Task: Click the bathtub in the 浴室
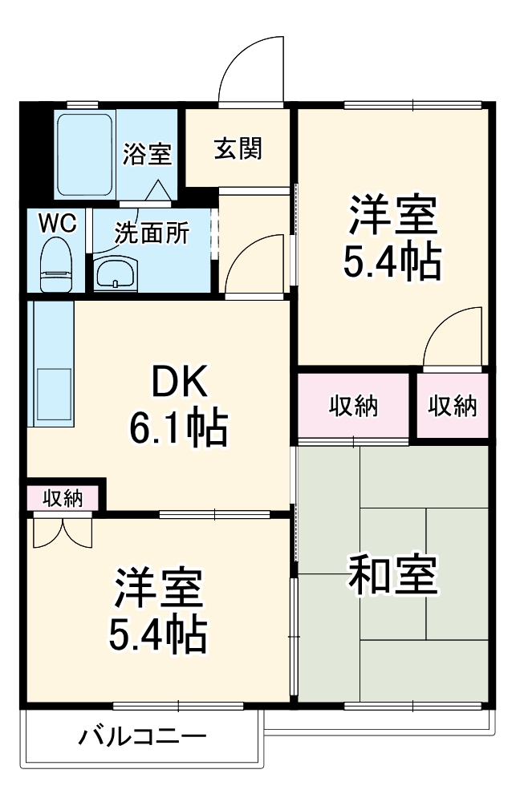tap(84, 155)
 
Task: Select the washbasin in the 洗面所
tap(116, 273)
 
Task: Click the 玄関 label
tap(238, 149)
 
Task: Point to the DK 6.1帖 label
tap(179, 404)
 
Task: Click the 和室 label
tap(392, 574)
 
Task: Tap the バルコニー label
tap(142, 737)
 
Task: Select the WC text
tap(58, 223)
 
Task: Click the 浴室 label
tap(147, 153)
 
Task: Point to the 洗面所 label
tap(152, 233)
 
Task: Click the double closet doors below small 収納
tap(63, 534)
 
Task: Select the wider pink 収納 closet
tap(353, 406)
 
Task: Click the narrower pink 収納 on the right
tap(453, 406)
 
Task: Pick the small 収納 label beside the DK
tap(63, 497)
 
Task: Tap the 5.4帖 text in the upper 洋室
tap(392, 261)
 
